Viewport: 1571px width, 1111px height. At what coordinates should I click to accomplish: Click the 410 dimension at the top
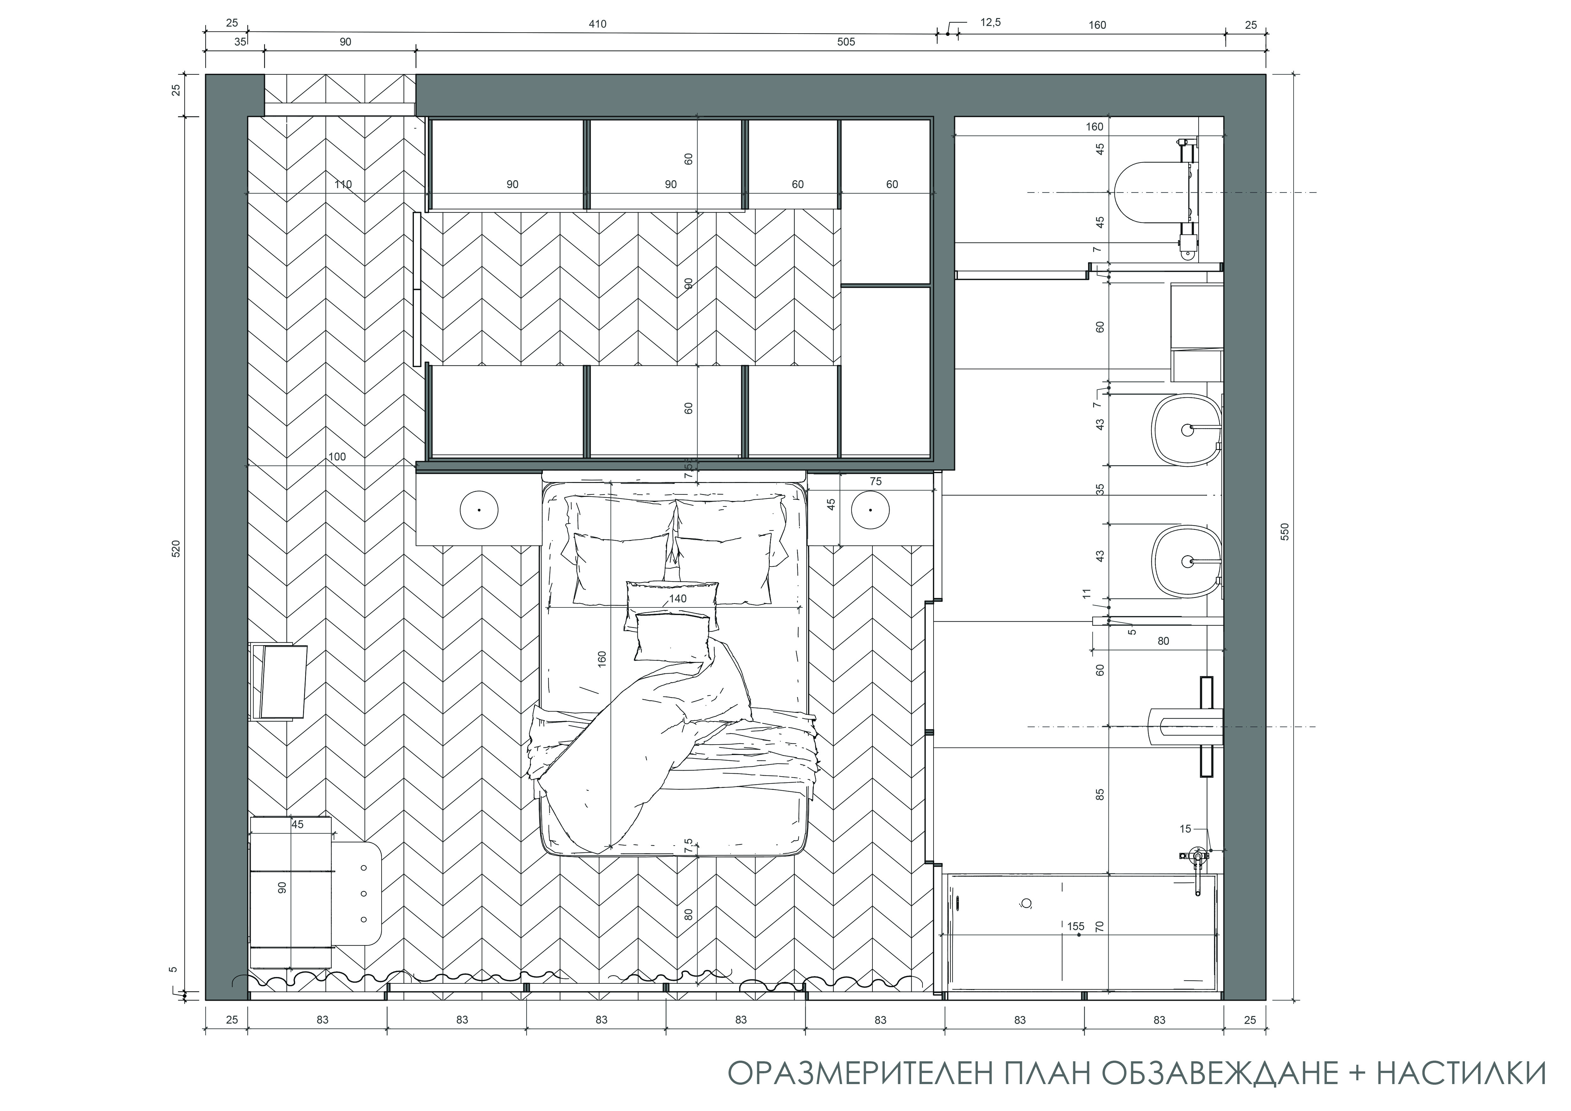[597, 24]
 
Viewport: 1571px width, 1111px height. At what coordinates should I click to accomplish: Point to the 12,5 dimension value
[990, 22]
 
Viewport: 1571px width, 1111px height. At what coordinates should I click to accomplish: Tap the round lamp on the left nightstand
[479, 510]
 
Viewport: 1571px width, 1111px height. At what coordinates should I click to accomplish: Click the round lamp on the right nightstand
[870, 510]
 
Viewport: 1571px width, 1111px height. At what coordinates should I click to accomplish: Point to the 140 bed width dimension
[677, 599]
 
